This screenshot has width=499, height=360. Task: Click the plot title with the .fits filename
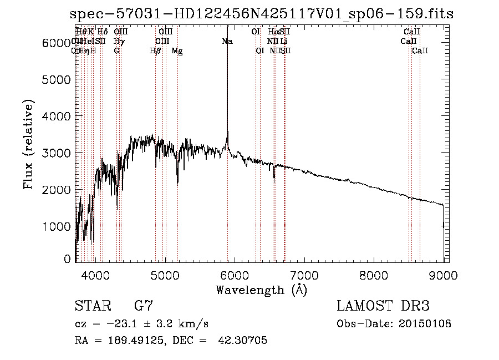pyautogui.click(x=266, y=13)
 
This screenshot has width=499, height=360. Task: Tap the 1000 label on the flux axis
pyautogui.click(x=57, y=226)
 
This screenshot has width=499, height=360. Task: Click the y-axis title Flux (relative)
pyautogui.click(x=29, y=144)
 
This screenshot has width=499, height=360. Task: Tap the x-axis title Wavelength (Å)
pyautogui.click(x=261, y=290)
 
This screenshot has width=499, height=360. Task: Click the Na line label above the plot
pyautogui.click(x=227, y=42)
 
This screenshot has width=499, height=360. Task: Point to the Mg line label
pyautogui.click(x=177, y=51)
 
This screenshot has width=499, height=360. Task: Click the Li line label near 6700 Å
pyautogui.click(x=283, y=42)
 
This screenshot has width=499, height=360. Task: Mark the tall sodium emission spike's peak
pyautogui.click(x=227, y=28)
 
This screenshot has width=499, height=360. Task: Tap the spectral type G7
pyautogui.click(x=144, y=306)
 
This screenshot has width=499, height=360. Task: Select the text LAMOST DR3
pyautogui.click(x=383, y=306)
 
